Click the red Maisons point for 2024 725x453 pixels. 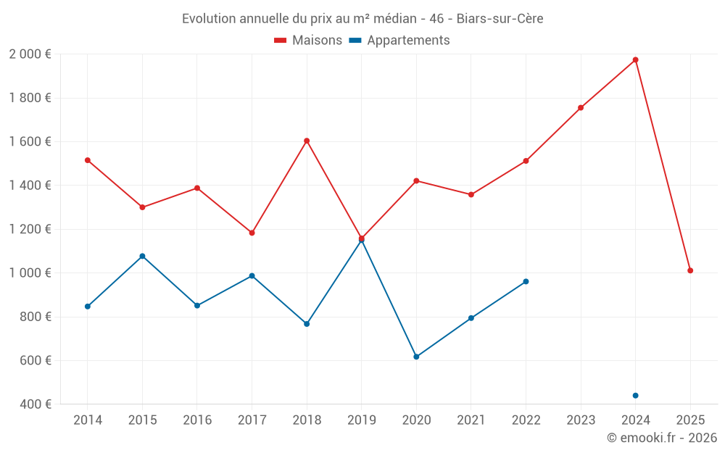coord(635,59)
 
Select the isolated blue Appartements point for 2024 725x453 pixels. coord(635,395)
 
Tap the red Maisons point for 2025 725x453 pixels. coord(690,270)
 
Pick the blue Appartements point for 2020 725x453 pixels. coord(416,357)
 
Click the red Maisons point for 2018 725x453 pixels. coord(307,141)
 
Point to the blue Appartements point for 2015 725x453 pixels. coord(142,256)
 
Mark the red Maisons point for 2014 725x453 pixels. coord(88,160)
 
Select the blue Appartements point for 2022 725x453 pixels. coord(526,281)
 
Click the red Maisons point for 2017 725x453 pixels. coord(252,233)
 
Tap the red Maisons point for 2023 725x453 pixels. coord(581,108)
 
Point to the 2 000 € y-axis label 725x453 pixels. coord(30,54)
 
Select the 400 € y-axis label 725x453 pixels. coord(34,404)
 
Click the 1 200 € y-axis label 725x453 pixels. coord(30,229)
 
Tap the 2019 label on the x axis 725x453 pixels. coord(361,420)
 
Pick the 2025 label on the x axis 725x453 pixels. coord(690,420)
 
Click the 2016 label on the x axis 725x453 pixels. coord(197,420)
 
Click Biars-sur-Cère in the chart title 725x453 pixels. coord(500,19)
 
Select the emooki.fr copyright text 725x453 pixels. coord(662,437)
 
